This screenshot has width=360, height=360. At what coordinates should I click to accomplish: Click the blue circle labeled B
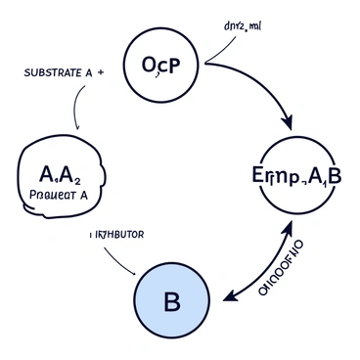pyautogui.click(x=171, y=300)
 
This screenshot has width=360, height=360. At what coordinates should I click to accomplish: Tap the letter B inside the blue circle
pyautogui.click(x=171, y=301)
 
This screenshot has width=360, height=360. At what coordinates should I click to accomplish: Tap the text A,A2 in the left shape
pyautogui.click(x=61, y=176)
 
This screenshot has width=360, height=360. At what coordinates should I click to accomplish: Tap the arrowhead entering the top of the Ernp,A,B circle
pyautogui.click(x=288, y=125)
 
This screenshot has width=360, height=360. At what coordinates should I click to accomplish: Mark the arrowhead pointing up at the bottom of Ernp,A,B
pyautogui.click(x=290, y=225)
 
